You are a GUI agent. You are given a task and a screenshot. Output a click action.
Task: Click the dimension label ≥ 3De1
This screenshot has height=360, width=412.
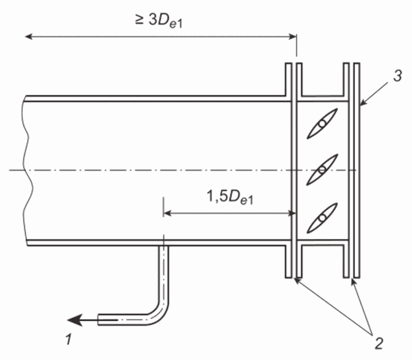click(158, 21)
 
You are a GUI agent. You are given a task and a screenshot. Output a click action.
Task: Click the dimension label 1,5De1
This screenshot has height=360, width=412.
click(230, 197)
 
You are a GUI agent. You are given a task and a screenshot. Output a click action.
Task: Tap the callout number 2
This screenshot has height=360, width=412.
click(379, 343)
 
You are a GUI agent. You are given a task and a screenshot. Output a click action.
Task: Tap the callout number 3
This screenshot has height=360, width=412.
click(397, 76)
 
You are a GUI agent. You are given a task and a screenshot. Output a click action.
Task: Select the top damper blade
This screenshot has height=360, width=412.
click(322, 123)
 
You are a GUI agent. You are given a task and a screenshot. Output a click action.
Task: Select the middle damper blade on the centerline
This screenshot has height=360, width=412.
click(322, 169)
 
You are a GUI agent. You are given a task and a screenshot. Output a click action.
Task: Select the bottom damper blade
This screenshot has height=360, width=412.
click(322, 218)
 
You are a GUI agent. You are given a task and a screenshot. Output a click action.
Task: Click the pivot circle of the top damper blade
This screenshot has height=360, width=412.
click(322, 123)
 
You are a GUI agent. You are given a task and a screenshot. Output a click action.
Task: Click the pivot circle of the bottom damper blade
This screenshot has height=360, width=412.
click(322, 218)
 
